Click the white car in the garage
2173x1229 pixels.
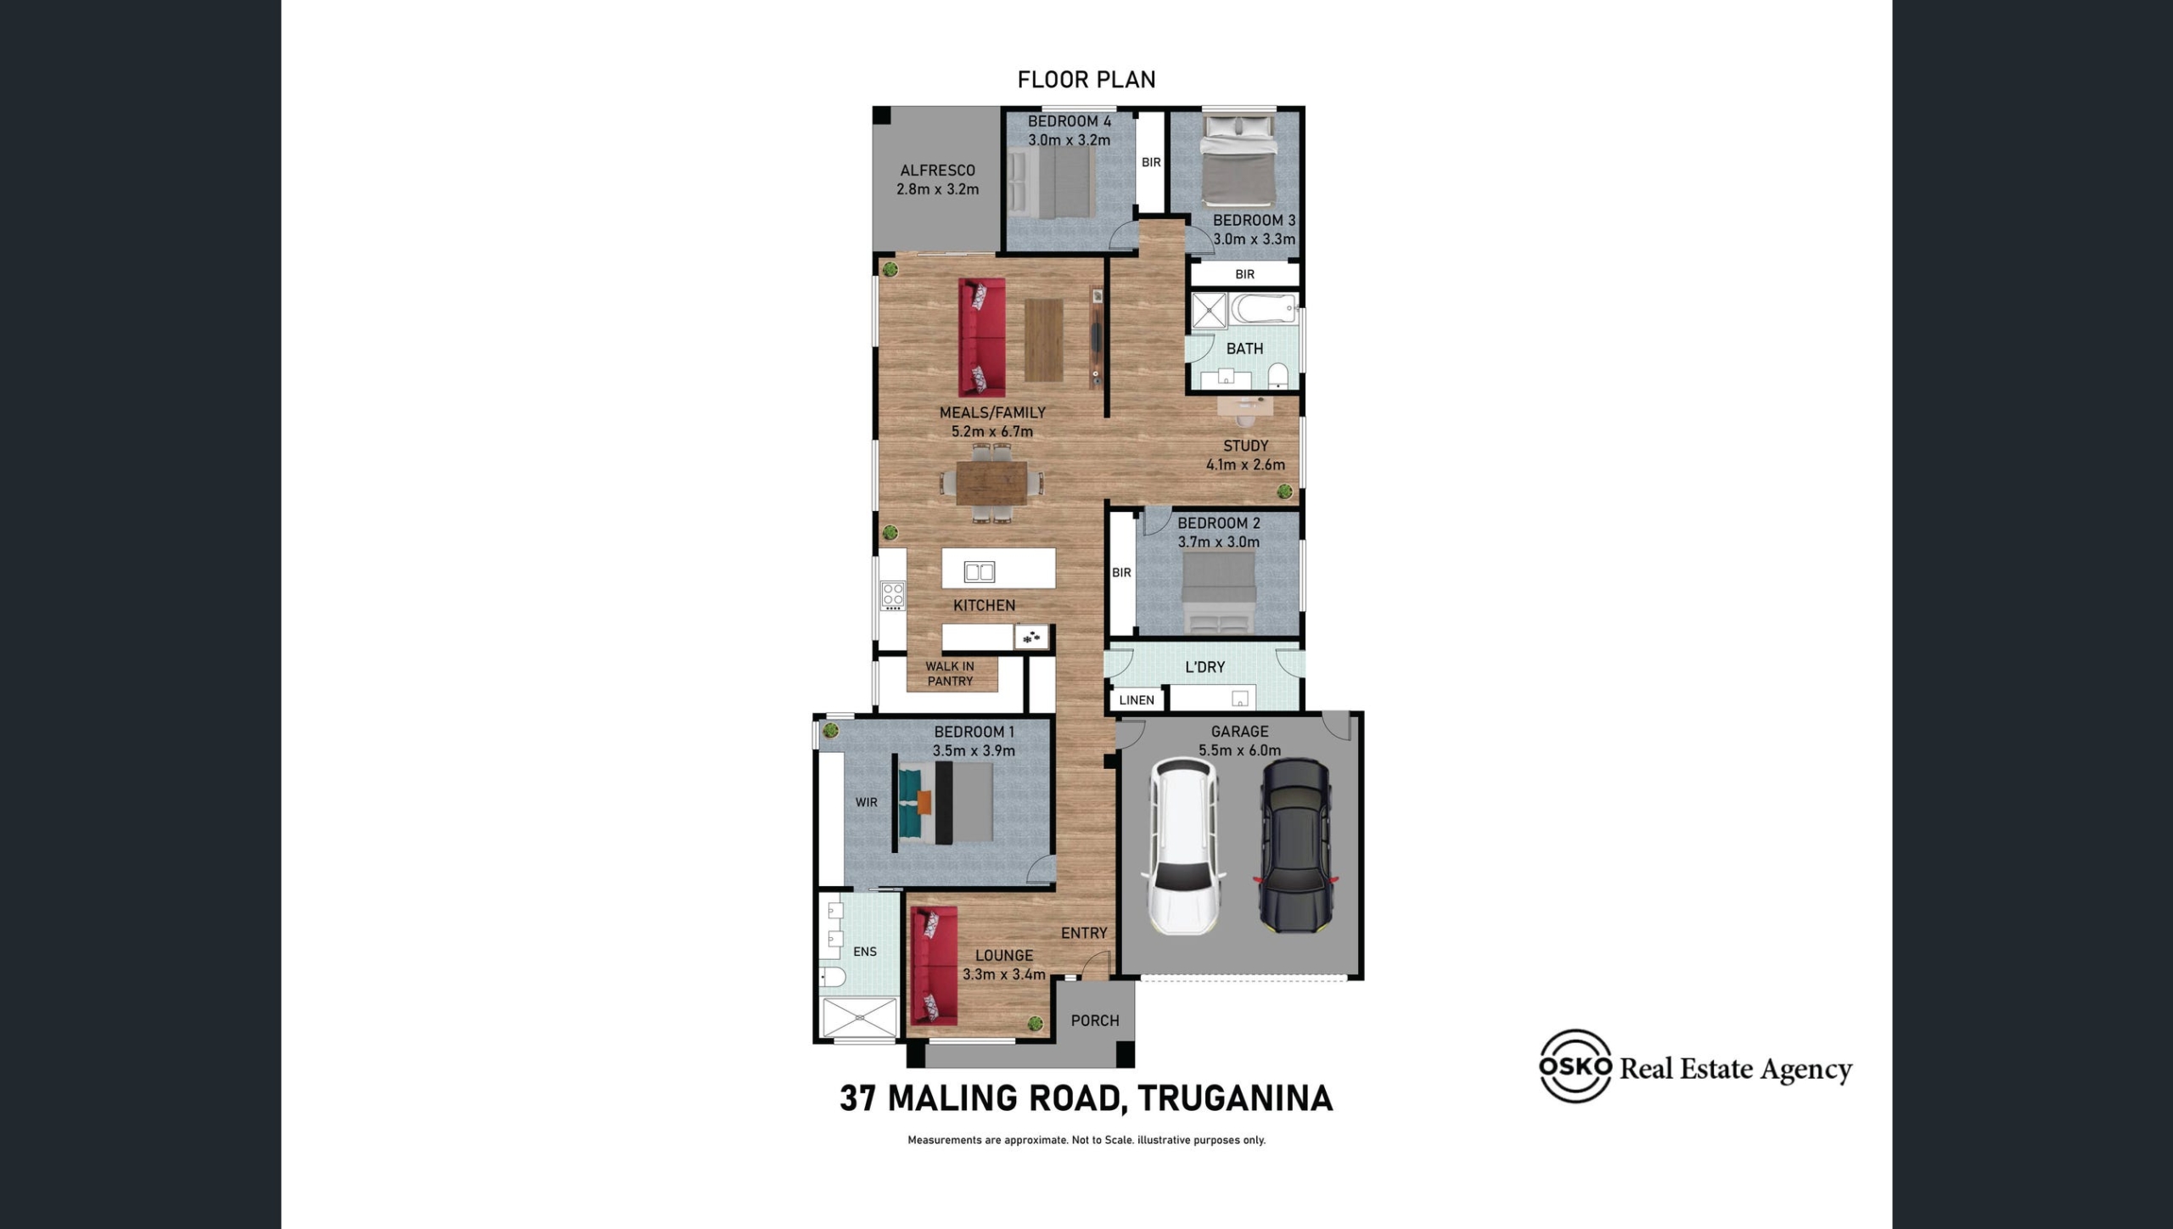(1183, 846)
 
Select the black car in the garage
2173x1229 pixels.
(1295, 846)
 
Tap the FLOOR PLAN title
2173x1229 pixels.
(1086, 80)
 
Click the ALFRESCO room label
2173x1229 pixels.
(937, 171)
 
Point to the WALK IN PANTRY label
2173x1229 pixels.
(950, 674)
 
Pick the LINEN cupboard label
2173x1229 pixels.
(1137, 700)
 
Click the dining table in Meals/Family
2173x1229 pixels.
(991, 483)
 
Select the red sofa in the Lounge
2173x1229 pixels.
(934, 966)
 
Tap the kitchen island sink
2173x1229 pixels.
(980, 572)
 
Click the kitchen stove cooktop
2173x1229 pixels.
(892, 595)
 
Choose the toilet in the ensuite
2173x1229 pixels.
(833, 978)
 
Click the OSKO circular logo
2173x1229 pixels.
(1575, 1066)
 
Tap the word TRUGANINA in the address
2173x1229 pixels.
(1235, 1098)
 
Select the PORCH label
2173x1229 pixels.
(1095, 1021)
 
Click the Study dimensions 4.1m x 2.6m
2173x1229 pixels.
(1245, 465)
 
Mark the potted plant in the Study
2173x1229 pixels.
(1285, 491)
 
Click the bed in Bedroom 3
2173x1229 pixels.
(1238, 161)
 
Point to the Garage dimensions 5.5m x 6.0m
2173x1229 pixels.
(1239, 750)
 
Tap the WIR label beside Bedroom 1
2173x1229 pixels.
(867, 802)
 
